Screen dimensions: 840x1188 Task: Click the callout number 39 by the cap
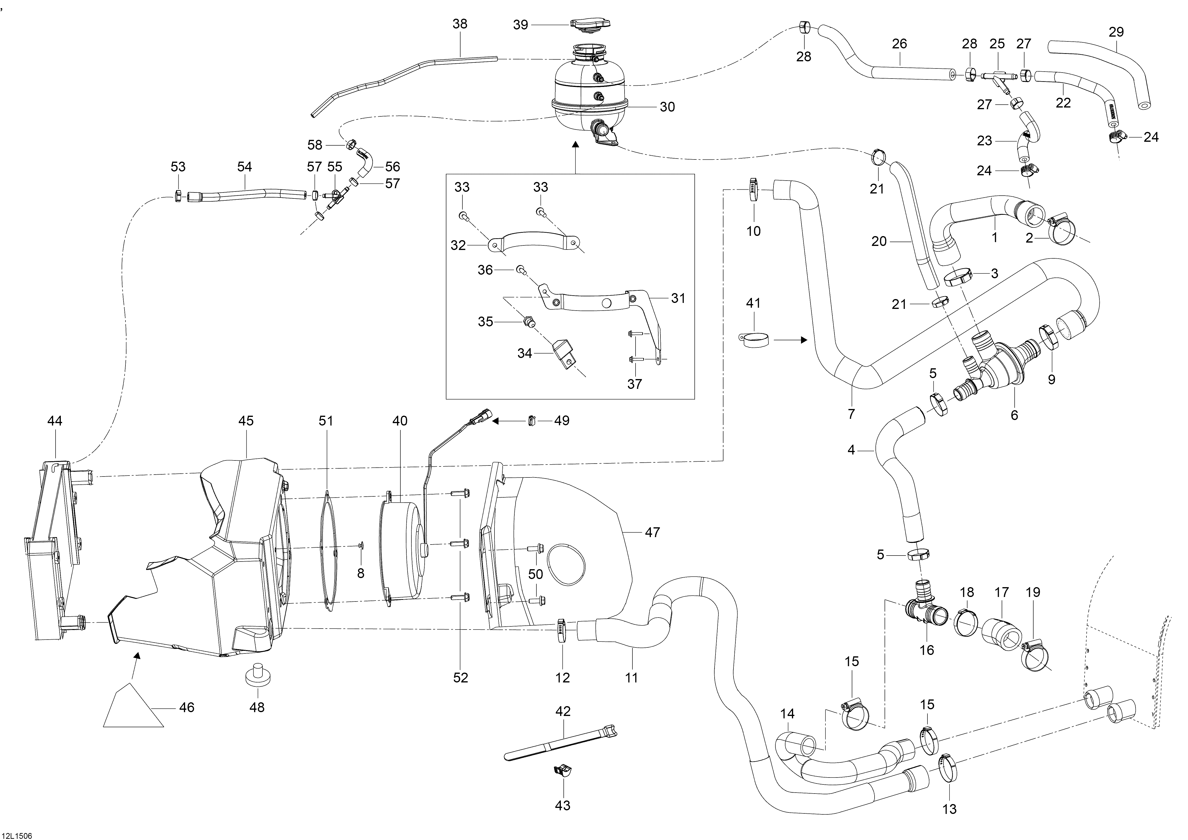coord(521,24)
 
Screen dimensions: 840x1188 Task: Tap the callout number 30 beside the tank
coord(667,107)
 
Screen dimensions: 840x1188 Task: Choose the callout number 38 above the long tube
coord(460,24)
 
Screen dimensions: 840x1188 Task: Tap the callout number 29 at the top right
coord(1117,32)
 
